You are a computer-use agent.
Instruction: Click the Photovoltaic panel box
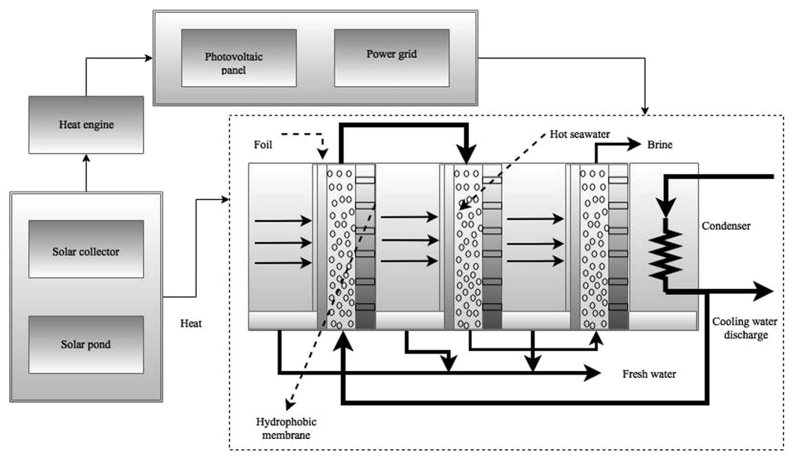click(238, 58)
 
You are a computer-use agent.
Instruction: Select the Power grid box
click(391, 58)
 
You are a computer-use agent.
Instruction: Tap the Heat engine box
click(86, 125)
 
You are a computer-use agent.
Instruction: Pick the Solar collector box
click(86, 249)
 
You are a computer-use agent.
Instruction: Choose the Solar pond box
click(86, 345)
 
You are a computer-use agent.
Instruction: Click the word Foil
click(263, 145)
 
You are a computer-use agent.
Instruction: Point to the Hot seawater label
click(579, 134)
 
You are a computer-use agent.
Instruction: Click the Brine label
click(660, 145)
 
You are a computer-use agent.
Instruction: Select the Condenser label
click(726, 226)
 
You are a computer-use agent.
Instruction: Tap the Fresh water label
click(649, 374)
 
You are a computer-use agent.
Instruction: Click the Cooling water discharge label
click(745, 328)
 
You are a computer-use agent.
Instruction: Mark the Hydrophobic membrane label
click(286, 429)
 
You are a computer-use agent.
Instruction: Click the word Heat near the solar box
click(191, 324)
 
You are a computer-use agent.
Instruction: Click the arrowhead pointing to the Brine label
click(634, 144)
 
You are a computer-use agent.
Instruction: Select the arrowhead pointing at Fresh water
click(593, 373)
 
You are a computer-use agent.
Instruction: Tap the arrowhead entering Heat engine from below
click(86, 157)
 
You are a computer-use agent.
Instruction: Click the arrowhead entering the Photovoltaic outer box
click(149, 58)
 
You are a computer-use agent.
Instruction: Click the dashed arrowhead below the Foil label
click(323, 155)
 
